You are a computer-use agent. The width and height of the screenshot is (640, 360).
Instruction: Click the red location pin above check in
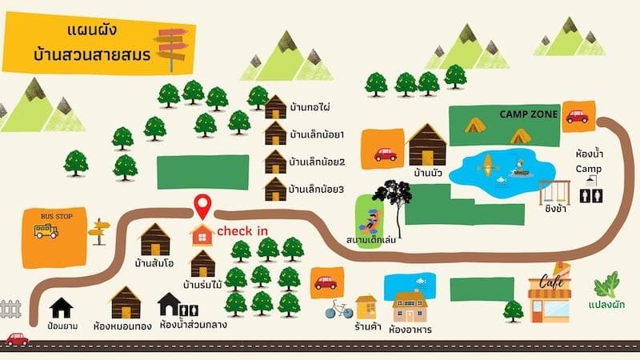[202, 206]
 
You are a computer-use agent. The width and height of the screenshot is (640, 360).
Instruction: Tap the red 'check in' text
[242, 231]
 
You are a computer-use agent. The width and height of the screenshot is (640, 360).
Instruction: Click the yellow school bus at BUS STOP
[46, 231]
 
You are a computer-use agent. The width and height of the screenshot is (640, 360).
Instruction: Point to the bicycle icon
[339, 309]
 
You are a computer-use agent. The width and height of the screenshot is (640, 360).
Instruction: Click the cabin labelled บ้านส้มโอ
[155, 239]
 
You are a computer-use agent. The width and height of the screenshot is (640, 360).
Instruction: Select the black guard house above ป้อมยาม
[61, 308]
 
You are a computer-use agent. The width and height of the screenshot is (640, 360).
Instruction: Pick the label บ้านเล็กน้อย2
[317, 161]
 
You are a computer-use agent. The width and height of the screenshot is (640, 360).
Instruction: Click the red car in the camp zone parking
[577, 117]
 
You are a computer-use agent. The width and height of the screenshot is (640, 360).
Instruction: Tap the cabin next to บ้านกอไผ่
[275, 107]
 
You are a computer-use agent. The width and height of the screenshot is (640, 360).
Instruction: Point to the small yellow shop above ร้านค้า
[366, 306]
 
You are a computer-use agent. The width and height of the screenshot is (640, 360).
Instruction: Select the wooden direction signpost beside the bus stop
[98, 231]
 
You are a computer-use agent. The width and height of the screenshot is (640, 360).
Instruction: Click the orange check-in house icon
[202, 234]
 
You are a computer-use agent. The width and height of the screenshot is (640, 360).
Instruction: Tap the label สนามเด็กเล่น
[373, 238]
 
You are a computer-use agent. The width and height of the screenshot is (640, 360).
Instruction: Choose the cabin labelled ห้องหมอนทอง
[126, 302]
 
